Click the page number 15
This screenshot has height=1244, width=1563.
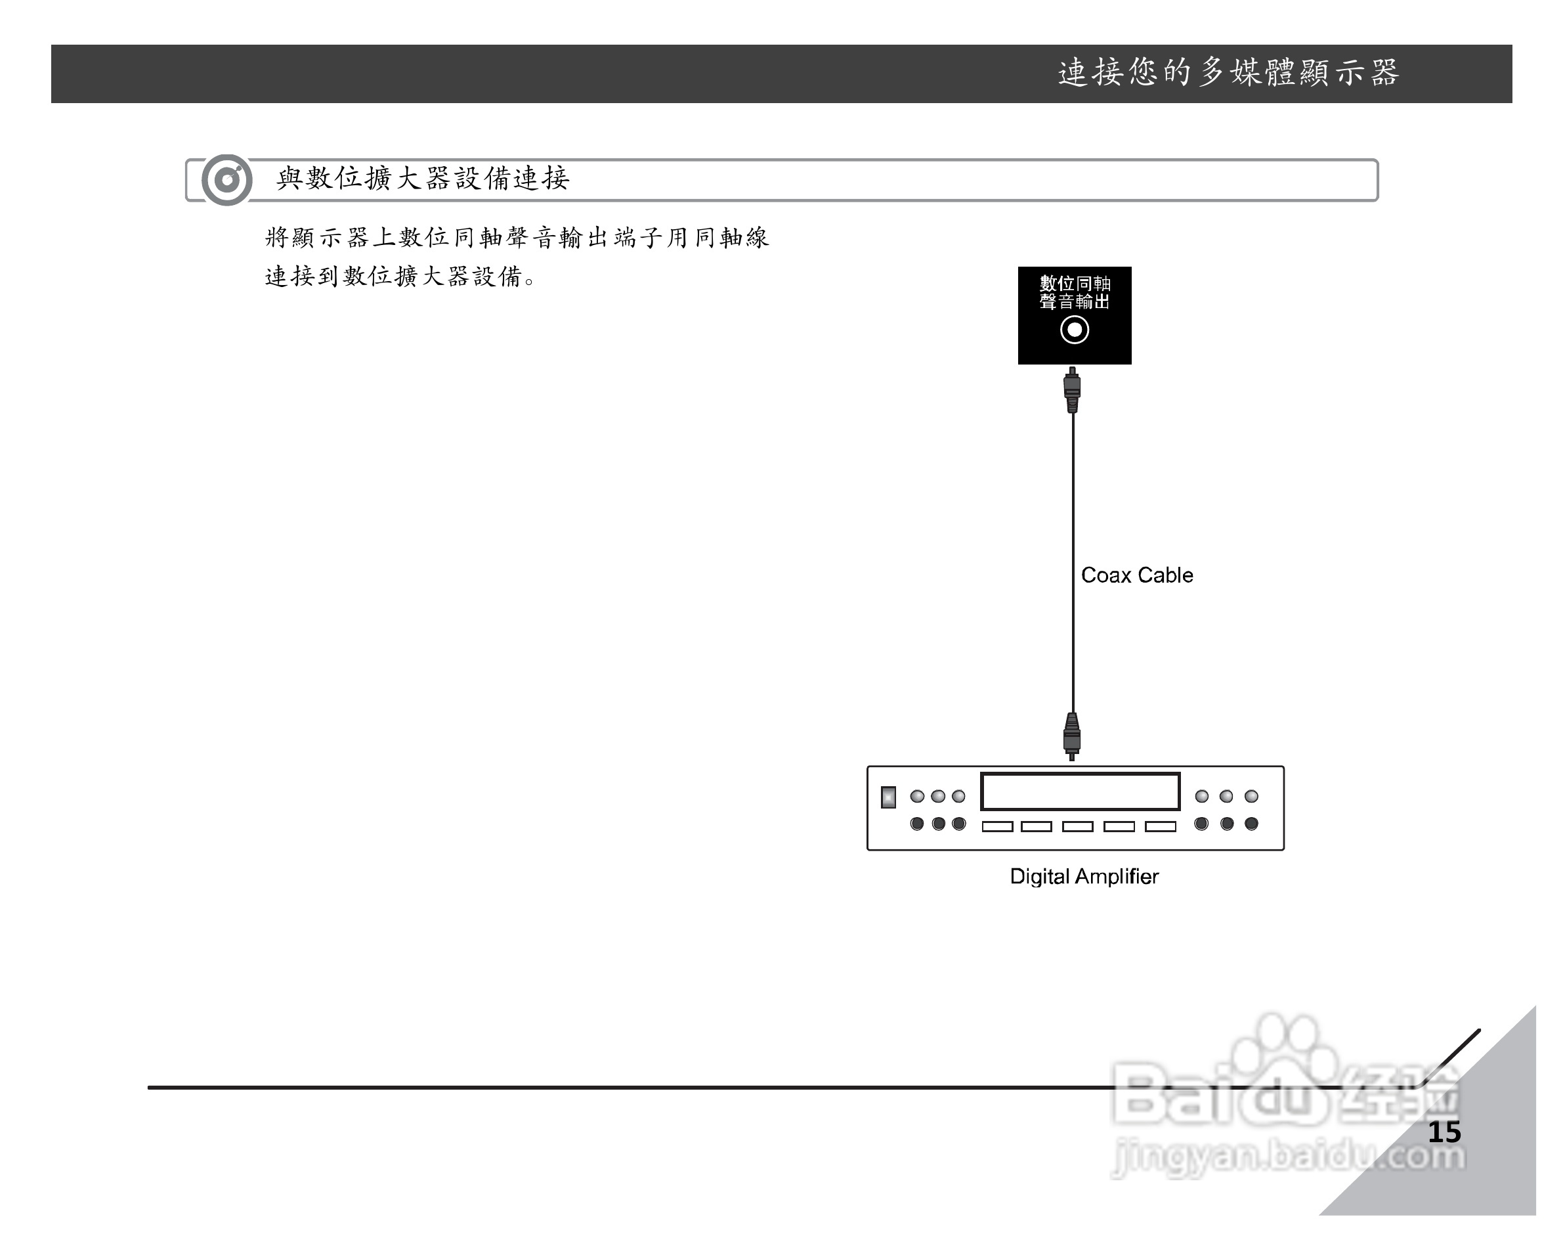click(x=1444, y=1132)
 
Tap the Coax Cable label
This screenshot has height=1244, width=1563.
click(x=1136, y=575)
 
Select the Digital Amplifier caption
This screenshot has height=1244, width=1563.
click(x=1084, y=876)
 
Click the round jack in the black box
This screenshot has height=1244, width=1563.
click(x=1074, y=330)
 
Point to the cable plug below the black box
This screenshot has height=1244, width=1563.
click(x=1072, y=389)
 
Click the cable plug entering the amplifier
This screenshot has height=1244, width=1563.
click(x=1071, y=736)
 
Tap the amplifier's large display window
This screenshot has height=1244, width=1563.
click(x=1079, y=791)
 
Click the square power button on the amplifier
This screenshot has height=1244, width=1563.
click(x=888, y=797)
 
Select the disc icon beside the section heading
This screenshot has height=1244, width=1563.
click(x=227, y=179)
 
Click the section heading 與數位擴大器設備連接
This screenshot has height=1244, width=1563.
click(x=423, y=179)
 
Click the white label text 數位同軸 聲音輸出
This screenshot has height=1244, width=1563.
click(x=1075, y=292)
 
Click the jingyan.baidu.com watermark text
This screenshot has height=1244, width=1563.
click(x=1287, y=1155)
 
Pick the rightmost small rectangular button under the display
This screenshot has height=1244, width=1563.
click(x=1160, y=826)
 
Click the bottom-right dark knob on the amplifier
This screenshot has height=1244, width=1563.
click(x=1251, y=823)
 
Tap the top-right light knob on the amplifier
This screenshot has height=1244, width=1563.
click(x=1251, y=797)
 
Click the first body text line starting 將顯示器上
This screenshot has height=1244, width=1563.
click(x=516, y=237)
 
